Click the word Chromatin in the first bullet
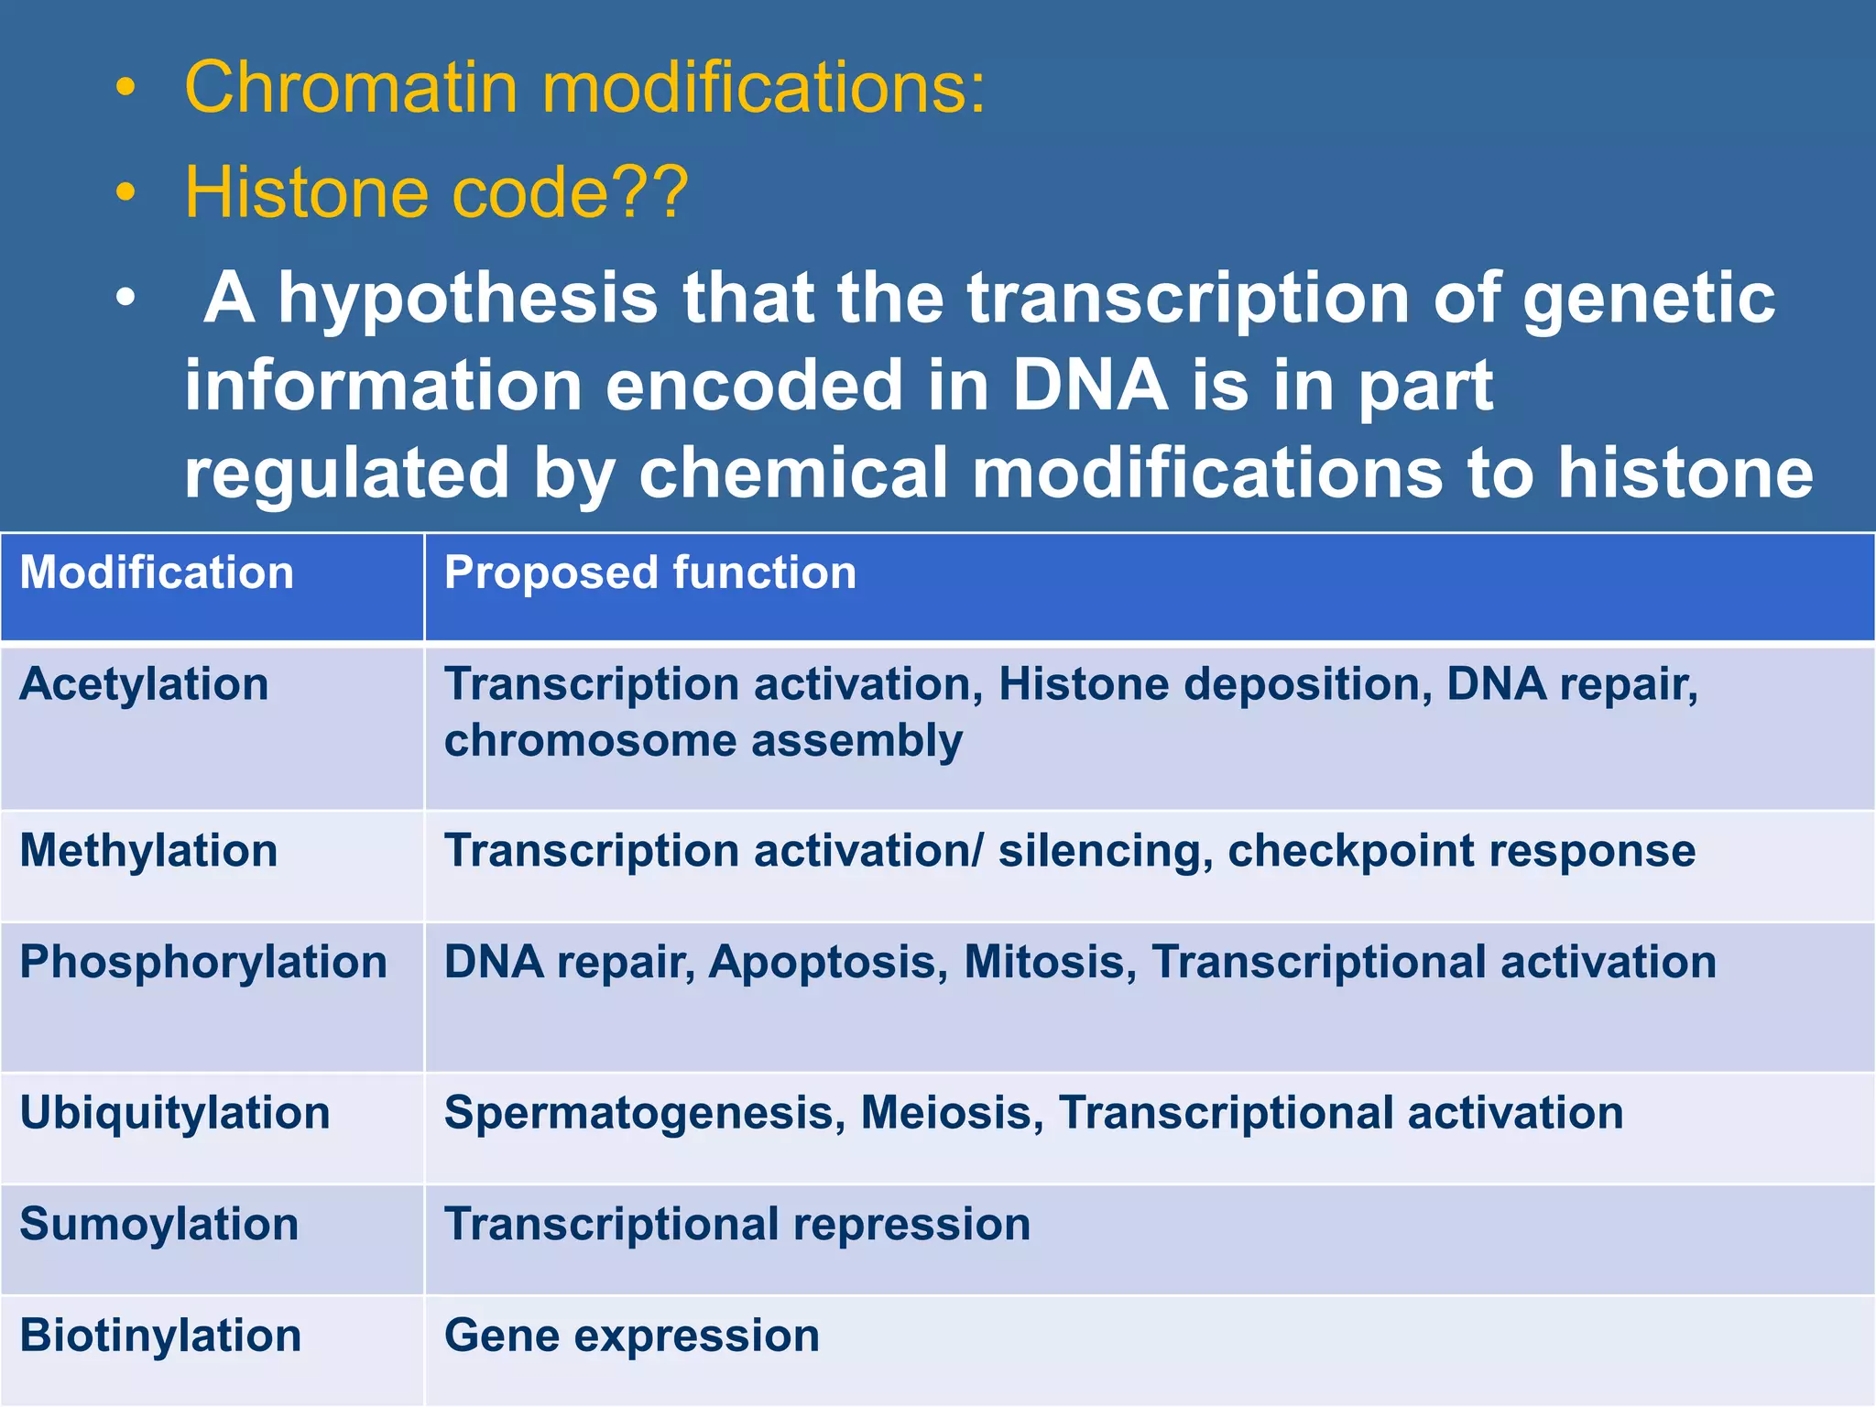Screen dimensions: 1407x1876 [x=352, y=88]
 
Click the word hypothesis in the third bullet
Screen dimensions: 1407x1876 [x=468, y=300]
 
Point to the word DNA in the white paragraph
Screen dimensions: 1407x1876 [x=1090, y=386]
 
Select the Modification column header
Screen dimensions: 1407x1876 [x=157, y=573]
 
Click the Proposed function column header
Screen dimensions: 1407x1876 [x=650, y=573]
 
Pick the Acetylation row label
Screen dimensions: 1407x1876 [x=144, y=685]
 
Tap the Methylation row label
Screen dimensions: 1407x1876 [x=148, y=851]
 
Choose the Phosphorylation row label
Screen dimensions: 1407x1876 [x=203, y=963]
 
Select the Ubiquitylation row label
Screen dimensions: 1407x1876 [x=174, y=1114]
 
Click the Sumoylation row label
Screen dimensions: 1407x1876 [x=158, y=1225]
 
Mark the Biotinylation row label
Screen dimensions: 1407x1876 [x=160, y=1336]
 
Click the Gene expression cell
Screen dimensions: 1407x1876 [x=632, y=1336]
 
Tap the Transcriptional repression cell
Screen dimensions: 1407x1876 [x=737, y=1225]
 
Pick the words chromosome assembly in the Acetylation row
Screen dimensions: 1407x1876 [x=703, y=741]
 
